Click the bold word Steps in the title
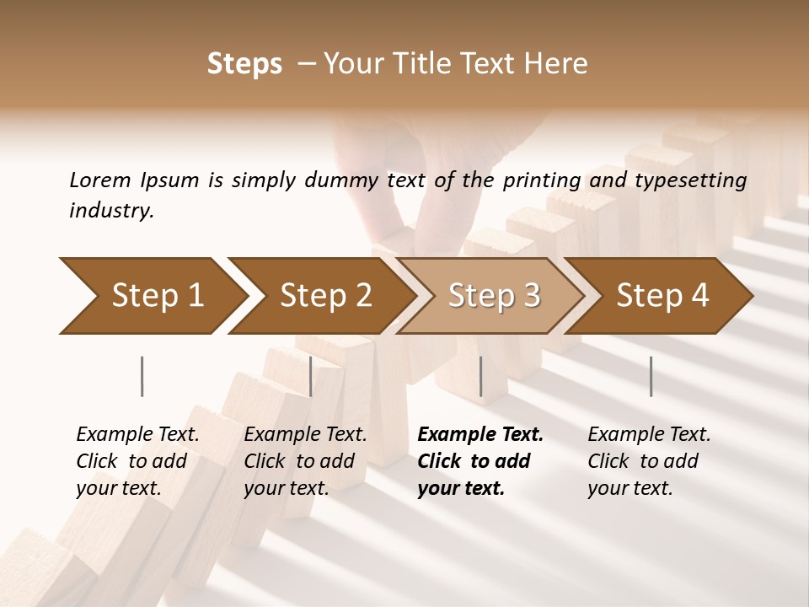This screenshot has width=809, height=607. coord(244,64)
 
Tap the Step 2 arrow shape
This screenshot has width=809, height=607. coord(320,296)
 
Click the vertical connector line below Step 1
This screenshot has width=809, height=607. coord(142,376)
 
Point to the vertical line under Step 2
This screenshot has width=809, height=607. coord(311,376)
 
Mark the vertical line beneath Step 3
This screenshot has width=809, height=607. coord(480,376)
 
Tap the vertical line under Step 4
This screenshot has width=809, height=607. coord(651,376)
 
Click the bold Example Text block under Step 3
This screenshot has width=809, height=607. coord(480,461)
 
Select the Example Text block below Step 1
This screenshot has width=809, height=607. coord(137,461)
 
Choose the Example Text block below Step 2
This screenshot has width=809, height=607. coord(305,461)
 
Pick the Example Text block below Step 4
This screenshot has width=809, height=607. coord(649,461)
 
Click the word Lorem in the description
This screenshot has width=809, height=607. coord(100,180)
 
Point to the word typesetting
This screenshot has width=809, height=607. coord(694,180)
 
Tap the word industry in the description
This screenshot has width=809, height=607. coord(111,210)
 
